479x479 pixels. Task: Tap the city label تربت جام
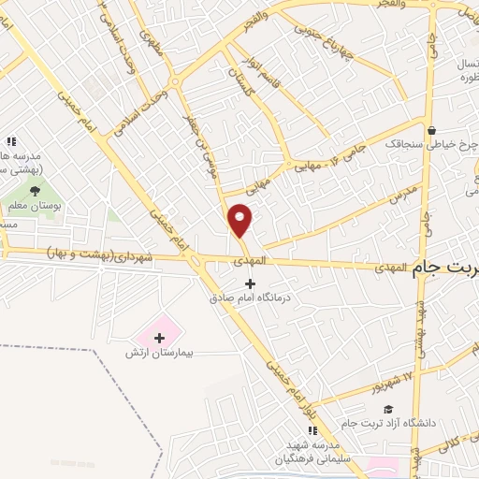coord(444,267)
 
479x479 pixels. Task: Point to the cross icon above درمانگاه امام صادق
coord(249,283)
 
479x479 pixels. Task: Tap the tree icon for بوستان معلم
coord(36,191)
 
